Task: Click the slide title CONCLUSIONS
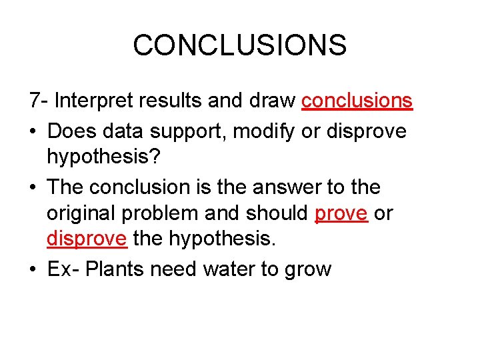tap(239, 45)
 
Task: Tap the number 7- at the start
tap(39, 101)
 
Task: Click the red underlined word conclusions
tap(357, 101)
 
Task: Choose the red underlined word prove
tap(341, 214)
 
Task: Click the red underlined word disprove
tap(87, 241)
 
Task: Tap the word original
tap(85, 214)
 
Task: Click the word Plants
tap(116, 269)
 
